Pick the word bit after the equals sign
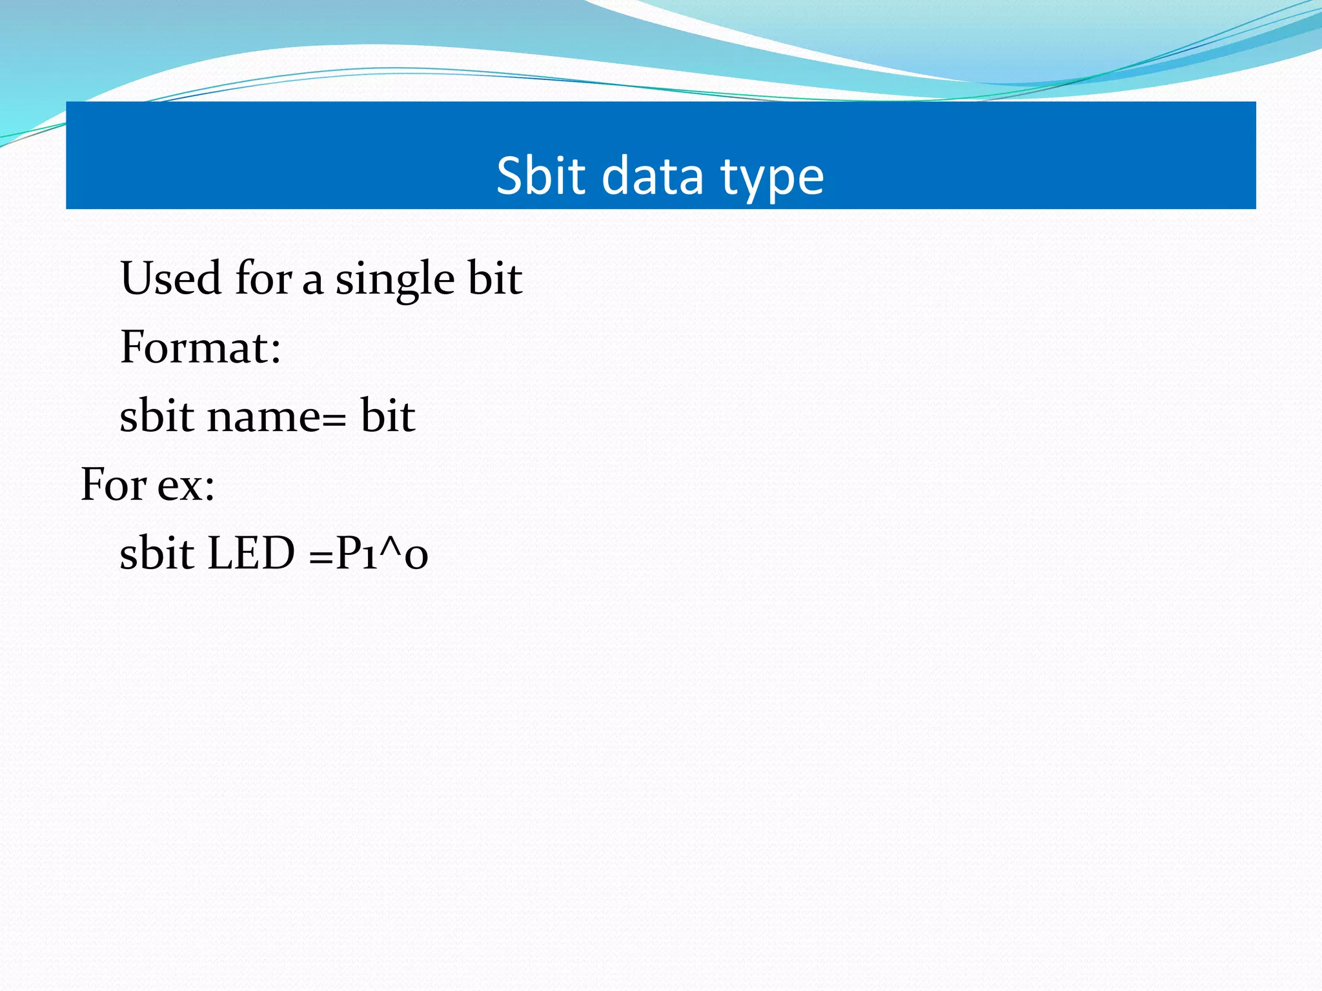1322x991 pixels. [x=387, y=416]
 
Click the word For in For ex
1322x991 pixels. [x=114, y=485]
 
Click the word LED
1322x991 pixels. [x=250, y=554]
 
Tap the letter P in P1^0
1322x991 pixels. [x=348, y=554]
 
